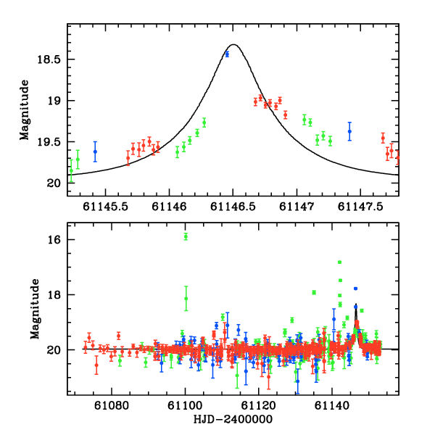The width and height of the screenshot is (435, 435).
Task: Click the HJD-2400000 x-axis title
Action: click(x=233, y=420)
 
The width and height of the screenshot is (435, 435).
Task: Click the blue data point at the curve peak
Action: click(x=227, y=54)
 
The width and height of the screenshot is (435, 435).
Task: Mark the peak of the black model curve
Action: click(x=233, y=44)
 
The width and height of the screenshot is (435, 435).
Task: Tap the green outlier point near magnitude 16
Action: click(x=186, y=236)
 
